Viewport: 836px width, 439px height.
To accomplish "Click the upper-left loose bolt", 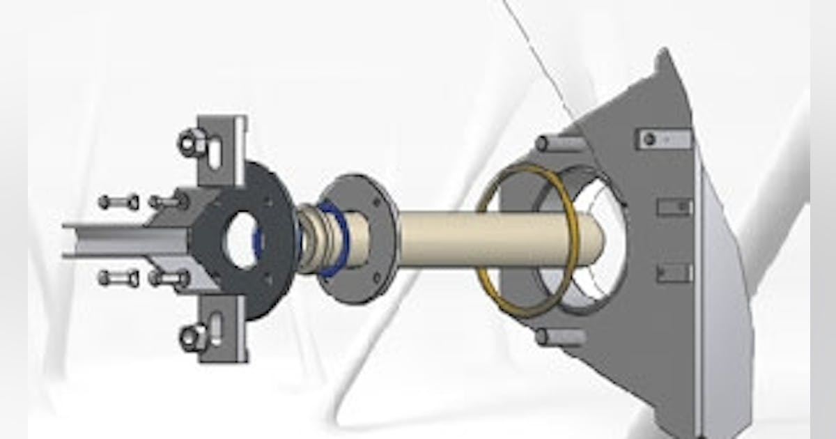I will pos(118,203).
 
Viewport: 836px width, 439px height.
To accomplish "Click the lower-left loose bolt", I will pos(118,279).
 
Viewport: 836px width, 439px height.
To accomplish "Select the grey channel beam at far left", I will pos(104,240).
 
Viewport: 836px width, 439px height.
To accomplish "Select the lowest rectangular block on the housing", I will pos(674,272).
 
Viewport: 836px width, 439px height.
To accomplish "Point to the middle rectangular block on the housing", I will pos(674,207).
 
